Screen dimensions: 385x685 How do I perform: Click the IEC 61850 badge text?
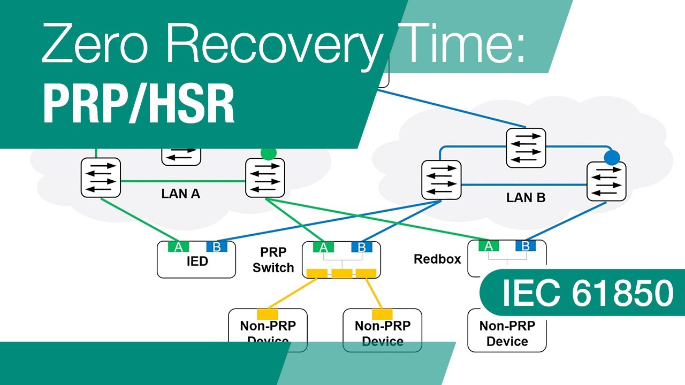587,293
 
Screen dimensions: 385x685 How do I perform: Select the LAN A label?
181,194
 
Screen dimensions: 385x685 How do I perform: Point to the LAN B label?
526,198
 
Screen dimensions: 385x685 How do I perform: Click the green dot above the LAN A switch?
268,153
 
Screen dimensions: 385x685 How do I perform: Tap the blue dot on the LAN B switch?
612,157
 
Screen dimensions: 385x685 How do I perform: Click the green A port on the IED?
178,247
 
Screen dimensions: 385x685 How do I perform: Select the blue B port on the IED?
217,247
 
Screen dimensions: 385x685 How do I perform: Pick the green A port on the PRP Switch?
323,247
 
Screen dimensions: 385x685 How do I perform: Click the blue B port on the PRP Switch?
361,247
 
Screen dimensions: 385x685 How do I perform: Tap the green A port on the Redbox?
488,246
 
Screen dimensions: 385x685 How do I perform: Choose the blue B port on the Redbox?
526,246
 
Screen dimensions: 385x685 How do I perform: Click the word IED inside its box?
196,262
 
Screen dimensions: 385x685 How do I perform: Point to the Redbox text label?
437,259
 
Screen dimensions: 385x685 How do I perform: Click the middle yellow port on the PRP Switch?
342,274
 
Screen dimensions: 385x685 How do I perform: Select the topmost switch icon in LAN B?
526,148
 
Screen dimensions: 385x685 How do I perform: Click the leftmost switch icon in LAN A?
101,176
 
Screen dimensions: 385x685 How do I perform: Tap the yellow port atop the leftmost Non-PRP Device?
268,314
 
